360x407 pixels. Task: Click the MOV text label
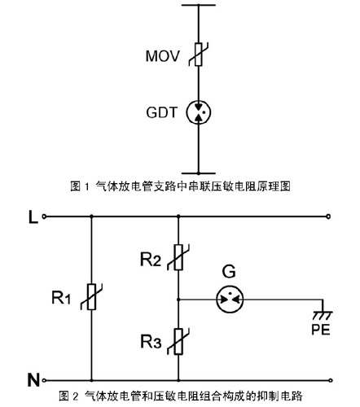pyautogui.click(x=162, y=56)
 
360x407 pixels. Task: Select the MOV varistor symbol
pyautogui.click(x=199, y=55)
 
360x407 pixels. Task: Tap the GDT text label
pyautogui.click(x=161, y=112)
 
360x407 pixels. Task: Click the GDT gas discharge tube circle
pyautogui.click(x=199, y=112)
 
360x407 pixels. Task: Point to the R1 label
pyautogui.click(x=61, y=297)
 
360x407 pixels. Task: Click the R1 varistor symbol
pyautogui.click(x=91, y=297)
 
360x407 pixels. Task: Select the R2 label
pyautogui.click(x=151, y=259)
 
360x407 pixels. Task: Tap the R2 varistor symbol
pyautogui.click(x=178, y=257)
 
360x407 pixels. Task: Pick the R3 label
pyautogui.click(x=151, y=342)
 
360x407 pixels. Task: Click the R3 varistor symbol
pyautogui.click(x=178, y=341)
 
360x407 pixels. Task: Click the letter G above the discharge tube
pyautogui.click(x=229, y=272)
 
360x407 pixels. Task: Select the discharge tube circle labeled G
pyautogui.click(x=230, y=300)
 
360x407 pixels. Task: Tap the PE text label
pyautogui.click(x=321, y=330)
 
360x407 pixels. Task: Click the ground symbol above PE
pyautogui.click(x=323, y=315)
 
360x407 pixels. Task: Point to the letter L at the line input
pyautogui.click(x=33, y=217)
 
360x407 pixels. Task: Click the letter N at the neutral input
pyautogui.click(x=33, y=380)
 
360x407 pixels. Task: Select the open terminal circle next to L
pyautogui.click(x=44, y=217)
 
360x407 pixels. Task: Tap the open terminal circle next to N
pyautogui.click(x=44, y=380)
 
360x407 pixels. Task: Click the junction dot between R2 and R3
pyautogui.click(x=178, y=300)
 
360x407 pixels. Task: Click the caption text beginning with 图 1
pyautogui.click(x=180, y=186)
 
